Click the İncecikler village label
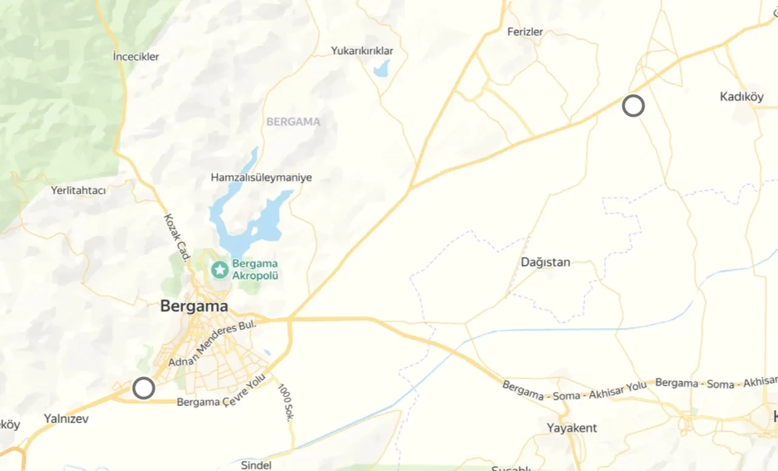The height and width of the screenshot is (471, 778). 136,57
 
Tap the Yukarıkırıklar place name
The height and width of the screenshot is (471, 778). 362,51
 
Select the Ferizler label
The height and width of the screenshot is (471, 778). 525,32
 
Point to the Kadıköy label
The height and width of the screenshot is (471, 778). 742,97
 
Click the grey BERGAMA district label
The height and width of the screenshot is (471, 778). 293,122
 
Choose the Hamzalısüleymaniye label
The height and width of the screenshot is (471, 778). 261,177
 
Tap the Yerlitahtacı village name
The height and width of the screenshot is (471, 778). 78,190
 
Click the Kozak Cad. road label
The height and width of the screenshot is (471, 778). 177,238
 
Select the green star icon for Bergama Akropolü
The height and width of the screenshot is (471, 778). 219,269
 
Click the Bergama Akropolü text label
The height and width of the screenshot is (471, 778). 255,269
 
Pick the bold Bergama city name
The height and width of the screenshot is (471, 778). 194,306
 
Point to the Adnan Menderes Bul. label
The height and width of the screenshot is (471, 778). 213,344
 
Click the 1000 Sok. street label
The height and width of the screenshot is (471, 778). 286,402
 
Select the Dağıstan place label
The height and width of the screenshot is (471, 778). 546,262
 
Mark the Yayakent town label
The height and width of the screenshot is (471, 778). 571,428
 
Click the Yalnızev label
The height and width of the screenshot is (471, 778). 66,419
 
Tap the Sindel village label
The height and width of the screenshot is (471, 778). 256,465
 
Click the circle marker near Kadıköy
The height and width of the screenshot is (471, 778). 633,106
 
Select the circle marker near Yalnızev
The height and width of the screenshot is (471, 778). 143,388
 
